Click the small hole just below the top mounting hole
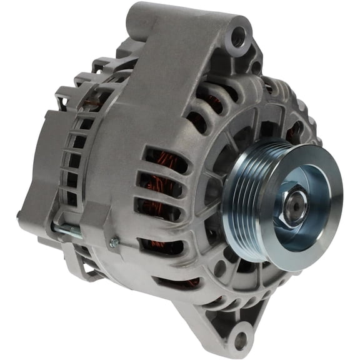pyautogui.click(x=255, y=64)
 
